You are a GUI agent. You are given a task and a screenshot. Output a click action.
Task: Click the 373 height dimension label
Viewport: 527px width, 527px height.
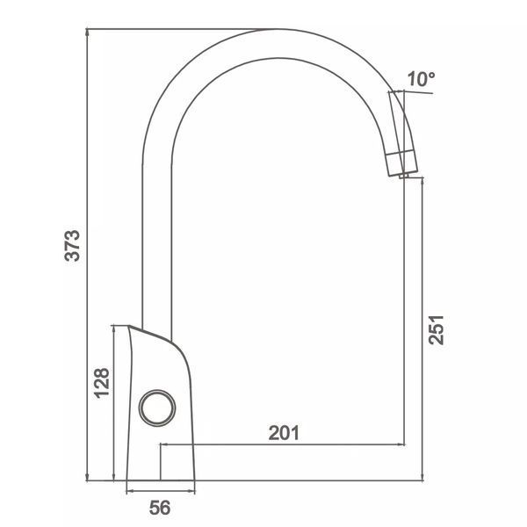pos(73,245)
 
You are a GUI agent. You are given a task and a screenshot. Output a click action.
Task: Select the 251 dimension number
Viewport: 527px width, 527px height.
pos(437,329)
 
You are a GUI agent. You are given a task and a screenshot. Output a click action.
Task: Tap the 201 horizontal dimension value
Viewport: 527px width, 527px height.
pos(284,433)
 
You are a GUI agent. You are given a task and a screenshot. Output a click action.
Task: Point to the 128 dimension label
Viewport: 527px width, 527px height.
pos(102,383)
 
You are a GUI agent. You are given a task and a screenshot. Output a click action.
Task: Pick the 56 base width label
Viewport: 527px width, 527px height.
pos(160,508)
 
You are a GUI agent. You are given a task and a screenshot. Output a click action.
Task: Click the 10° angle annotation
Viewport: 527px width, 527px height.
pos(421,79)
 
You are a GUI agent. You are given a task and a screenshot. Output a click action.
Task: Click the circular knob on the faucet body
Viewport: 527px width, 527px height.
pos(157,408)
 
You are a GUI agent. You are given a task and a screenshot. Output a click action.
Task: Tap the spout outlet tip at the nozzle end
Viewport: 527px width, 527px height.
pos(404,176)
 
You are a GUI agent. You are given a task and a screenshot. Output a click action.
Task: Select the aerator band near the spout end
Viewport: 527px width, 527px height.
pos(402,163)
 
